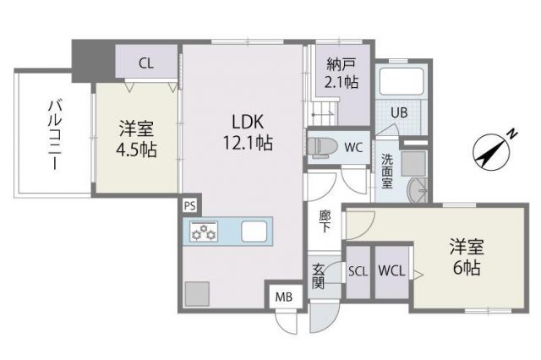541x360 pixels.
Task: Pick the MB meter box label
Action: [x=282, y=297]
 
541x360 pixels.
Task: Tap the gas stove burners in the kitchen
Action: [x=204, y=232]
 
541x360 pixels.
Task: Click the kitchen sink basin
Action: [x=254, y=231]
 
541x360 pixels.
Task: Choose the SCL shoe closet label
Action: [x=358, y=270]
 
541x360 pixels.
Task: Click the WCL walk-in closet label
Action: [x=391, y=270]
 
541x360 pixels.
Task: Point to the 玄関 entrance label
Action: [x=320, y=275]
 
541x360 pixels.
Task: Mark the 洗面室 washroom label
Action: [x=386, y=170]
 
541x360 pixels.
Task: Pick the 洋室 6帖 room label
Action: [x=465, y=258]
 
